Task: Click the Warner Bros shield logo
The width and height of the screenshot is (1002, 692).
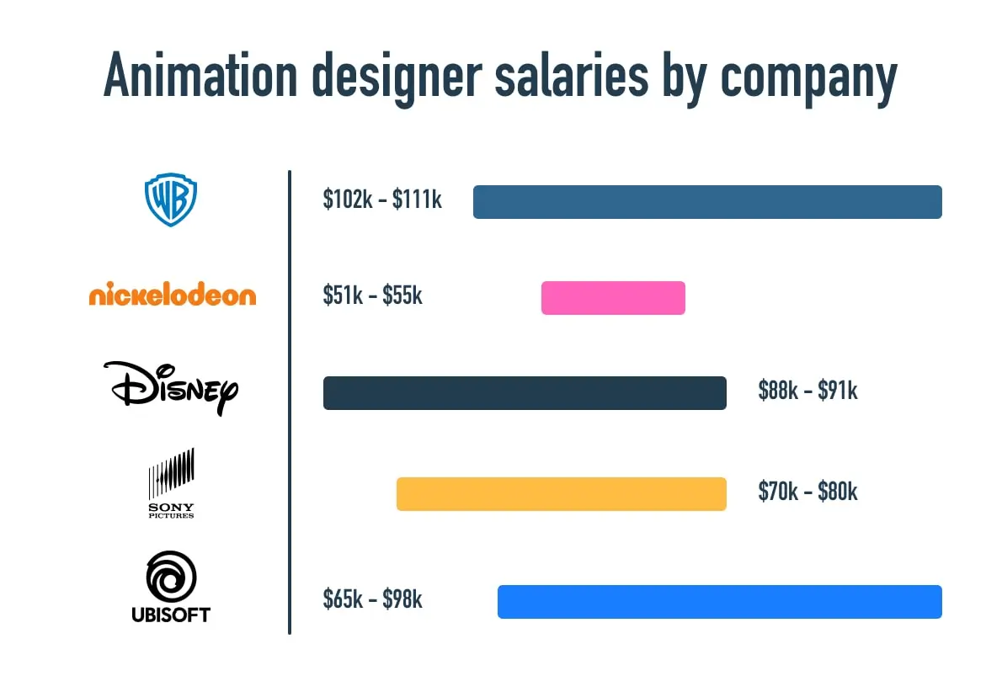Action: (171, 201)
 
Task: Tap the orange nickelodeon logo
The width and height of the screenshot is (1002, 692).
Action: (172, 295)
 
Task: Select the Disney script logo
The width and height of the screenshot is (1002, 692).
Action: (171, 388)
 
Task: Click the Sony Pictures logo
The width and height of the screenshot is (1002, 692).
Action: (172, 483)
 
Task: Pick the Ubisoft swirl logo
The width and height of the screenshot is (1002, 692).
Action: (171, 587)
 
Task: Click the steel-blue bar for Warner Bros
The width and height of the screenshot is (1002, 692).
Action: (707, 202)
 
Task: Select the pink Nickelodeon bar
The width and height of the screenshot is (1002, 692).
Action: (613, 298)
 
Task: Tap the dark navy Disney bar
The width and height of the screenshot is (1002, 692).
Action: (525, 393)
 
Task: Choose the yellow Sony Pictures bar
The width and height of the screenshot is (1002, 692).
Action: (561, 494)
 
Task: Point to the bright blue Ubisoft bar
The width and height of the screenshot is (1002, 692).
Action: (719, 602)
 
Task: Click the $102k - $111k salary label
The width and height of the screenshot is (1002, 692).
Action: (382, 200)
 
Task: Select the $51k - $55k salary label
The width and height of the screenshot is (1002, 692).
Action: (373, 295)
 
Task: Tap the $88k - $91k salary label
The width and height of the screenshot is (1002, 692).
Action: (807, 391)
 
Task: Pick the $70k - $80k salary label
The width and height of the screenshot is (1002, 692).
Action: (807, 492)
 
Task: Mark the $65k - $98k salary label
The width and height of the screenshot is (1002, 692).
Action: (373, 599)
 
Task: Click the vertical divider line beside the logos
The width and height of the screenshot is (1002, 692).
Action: (290, 402)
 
